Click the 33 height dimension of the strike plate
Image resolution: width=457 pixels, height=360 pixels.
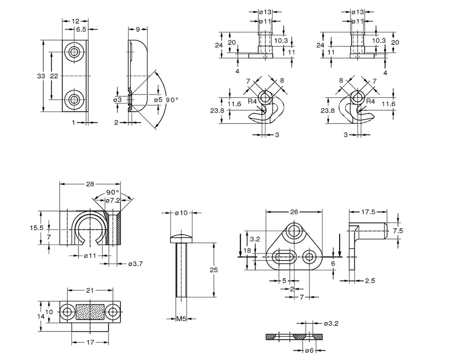pos(41,76)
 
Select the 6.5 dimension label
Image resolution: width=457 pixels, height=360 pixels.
pos(81,29)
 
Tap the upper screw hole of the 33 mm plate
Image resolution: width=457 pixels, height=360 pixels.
pos(74,53)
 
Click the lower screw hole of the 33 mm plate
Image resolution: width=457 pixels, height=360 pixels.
pos(74,99)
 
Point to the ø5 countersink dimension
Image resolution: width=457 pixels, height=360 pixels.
pos(158,100)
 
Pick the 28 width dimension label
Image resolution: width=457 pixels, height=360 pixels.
pos(90,184)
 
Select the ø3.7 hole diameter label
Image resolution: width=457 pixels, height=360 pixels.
pos(135,264)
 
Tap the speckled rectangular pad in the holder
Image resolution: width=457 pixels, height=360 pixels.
pos(90,311)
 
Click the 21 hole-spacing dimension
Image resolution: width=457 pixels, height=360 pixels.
pos(90,290)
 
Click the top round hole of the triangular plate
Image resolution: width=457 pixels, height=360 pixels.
pos(294,231)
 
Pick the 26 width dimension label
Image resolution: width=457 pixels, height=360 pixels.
pos(294,212)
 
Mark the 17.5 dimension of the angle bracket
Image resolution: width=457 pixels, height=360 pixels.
pos(368,212)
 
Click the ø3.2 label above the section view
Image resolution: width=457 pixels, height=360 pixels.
pos(332,323)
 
